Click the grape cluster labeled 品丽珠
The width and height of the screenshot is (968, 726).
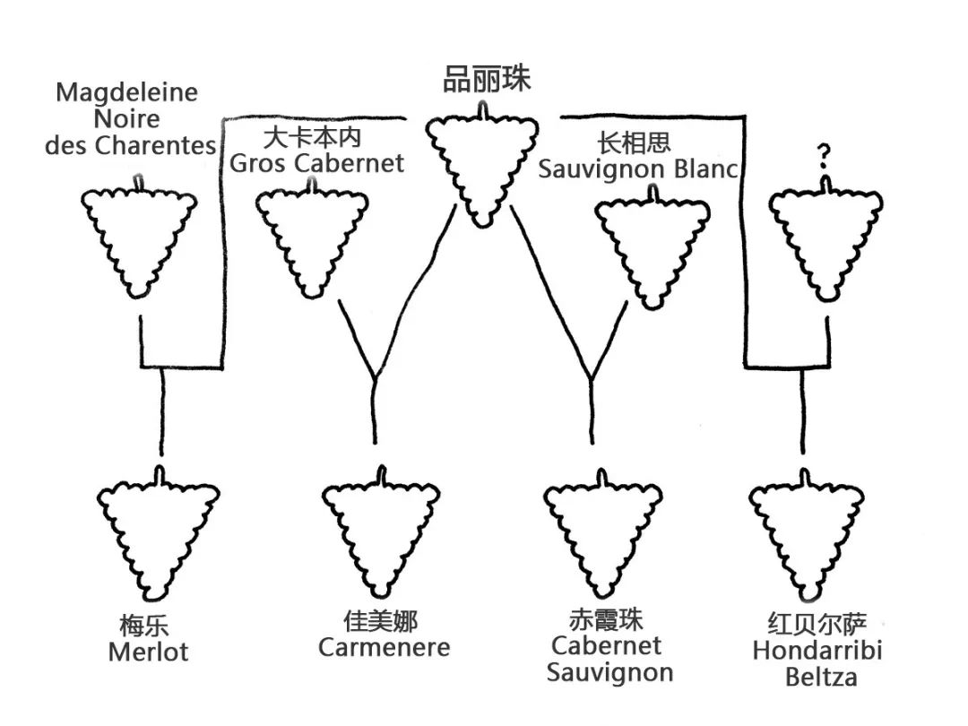tap(482, 166)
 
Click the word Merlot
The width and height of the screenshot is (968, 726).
tap(148, 652)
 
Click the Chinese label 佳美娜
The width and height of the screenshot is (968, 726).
tap(381, 621)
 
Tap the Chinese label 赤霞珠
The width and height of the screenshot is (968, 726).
tap(607, 619)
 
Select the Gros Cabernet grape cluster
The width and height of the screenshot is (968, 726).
tap(311, 240)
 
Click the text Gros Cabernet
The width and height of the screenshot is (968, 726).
tap(317, 163)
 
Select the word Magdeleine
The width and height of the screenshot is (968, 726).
tap(126, 92)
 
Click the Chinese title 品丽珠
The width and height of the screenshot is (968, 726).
tap(487, 80)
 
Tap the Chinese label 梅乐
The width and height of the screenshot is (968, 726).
tap(144, 625)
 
